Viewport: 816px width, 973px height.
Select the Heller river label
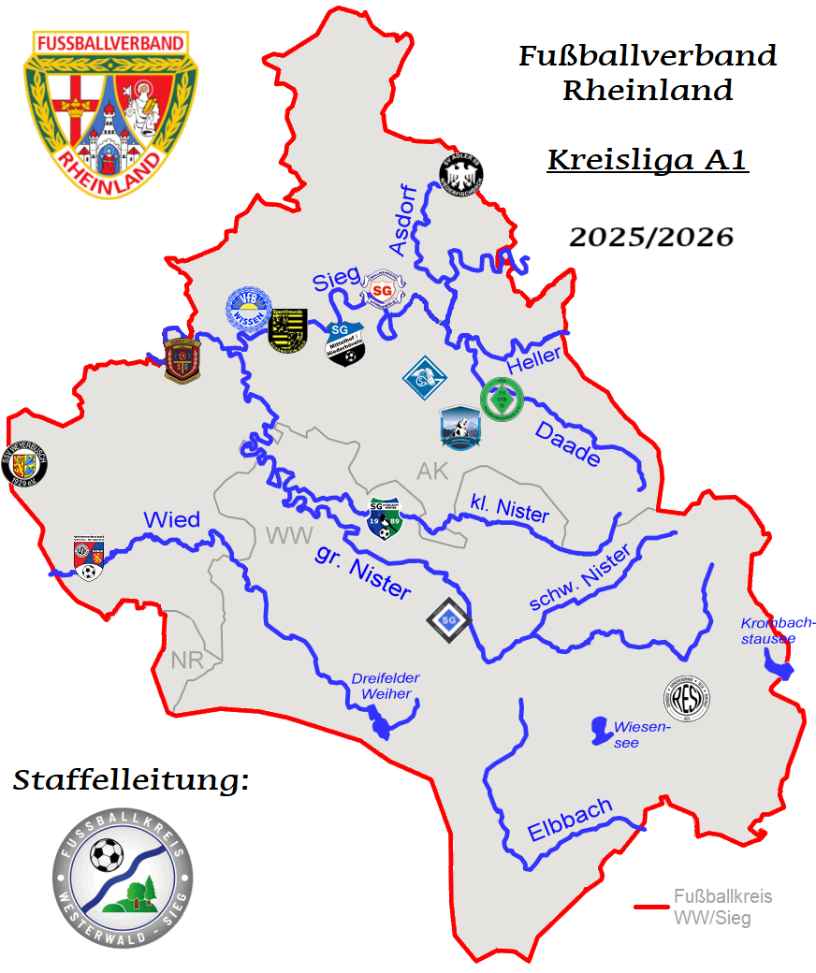click(x=533, y=356)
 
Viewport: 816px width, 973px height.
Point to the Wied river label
click(x=171, y=520)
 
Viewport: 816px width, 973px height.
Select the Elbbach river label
click(x=570, y=821)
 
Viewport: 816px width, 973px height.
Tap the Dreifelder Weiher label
click(x=386, y=686)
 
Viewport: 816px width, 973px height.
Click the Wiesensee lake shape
click(x=596, y=727)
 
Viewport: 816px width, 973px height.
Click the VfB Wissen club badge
click(x=249, y=311)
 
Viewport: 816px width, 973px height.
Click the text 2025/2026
click(x=651, y=238)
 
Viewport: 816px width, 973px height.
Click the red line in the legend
click(x=651, y=907)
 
